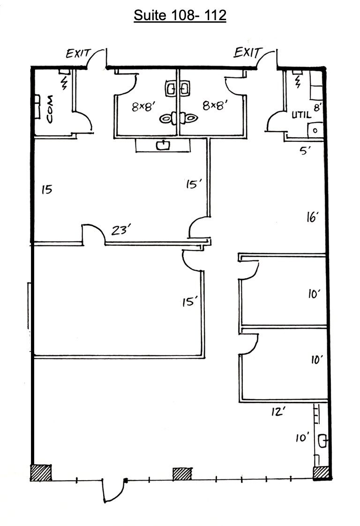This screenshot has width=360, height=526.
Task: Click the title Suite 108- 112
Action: [180, 15]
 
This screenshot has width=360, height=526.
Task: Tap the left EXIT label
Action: [77, 54]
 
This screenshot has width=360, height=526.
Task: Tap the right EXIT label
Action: [246, 52]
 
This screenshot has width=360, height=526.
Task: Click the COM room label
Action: [50, 109]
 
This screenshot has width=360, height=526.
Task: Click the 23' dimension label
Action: [120, 230]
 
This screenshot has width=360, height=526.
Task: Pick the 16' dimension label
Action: [313, 216]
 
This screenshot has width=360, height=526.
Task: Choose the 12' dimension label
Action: [278, 412]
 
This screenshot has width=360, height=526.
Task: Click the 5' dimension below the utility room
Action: [306, 151]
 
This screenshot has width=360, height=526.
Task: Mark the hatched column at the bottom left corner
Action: [41, 473]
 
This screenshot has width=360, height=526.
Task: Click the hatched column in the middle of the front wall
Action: [182, 474]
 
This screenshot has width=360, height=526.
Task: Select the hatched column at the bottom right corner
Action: [322, 473]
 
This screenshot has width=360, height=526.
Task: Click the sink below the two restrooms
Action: [164, 146]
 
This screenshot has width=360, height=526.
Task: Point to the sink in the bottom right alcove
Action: [322, 440]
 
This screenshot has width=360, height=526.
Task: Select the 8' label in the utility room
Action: [317, 107]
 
